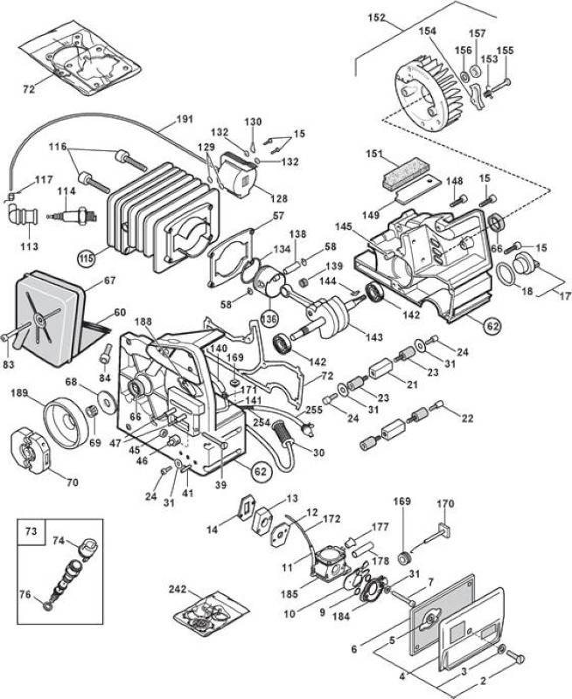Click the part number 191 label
(185, 119)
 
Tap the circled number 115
(87, 258)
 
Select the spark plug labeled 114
(72, 216)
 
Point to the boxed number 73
(31, 532)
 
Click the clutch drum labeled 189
(66, 421)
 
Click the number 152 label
(377, 18)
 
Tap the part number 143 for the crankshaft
(373, 337)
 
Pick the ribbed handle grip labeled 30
(283, 432)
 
